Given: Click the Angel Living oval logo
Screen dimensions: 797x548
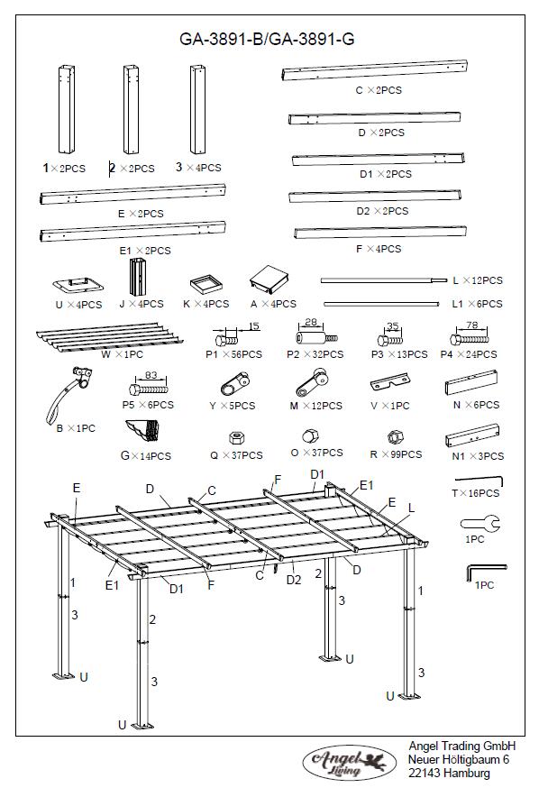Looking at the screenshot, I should click(346, 762).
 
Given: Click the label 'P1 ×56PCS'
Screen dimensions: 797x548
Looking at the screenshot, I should click(233, 355).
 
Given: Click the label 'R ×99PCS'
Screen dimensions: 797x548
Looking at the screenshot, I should click(396, 455).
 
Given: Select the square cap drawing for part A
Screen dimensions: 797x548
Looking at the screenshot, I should click(268, 280).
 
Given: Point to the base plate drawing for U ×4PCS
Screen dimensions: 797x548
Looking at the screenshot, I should click(78, 285).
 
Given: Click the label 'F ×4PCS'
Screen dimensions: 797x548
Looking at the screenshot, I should click(379, 249).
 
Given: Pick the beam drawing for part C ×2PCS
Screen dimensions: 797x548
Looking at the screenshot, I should click(374, 71).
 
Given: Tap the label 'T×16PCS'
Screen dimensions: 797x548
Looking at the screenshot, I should click(475, 493).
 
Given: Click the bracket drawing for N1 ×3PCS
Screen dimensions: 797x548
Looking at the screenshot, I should click(472, 439).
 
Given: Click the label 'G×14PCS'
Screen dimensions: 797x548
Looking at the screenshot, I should click(145, 456).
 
